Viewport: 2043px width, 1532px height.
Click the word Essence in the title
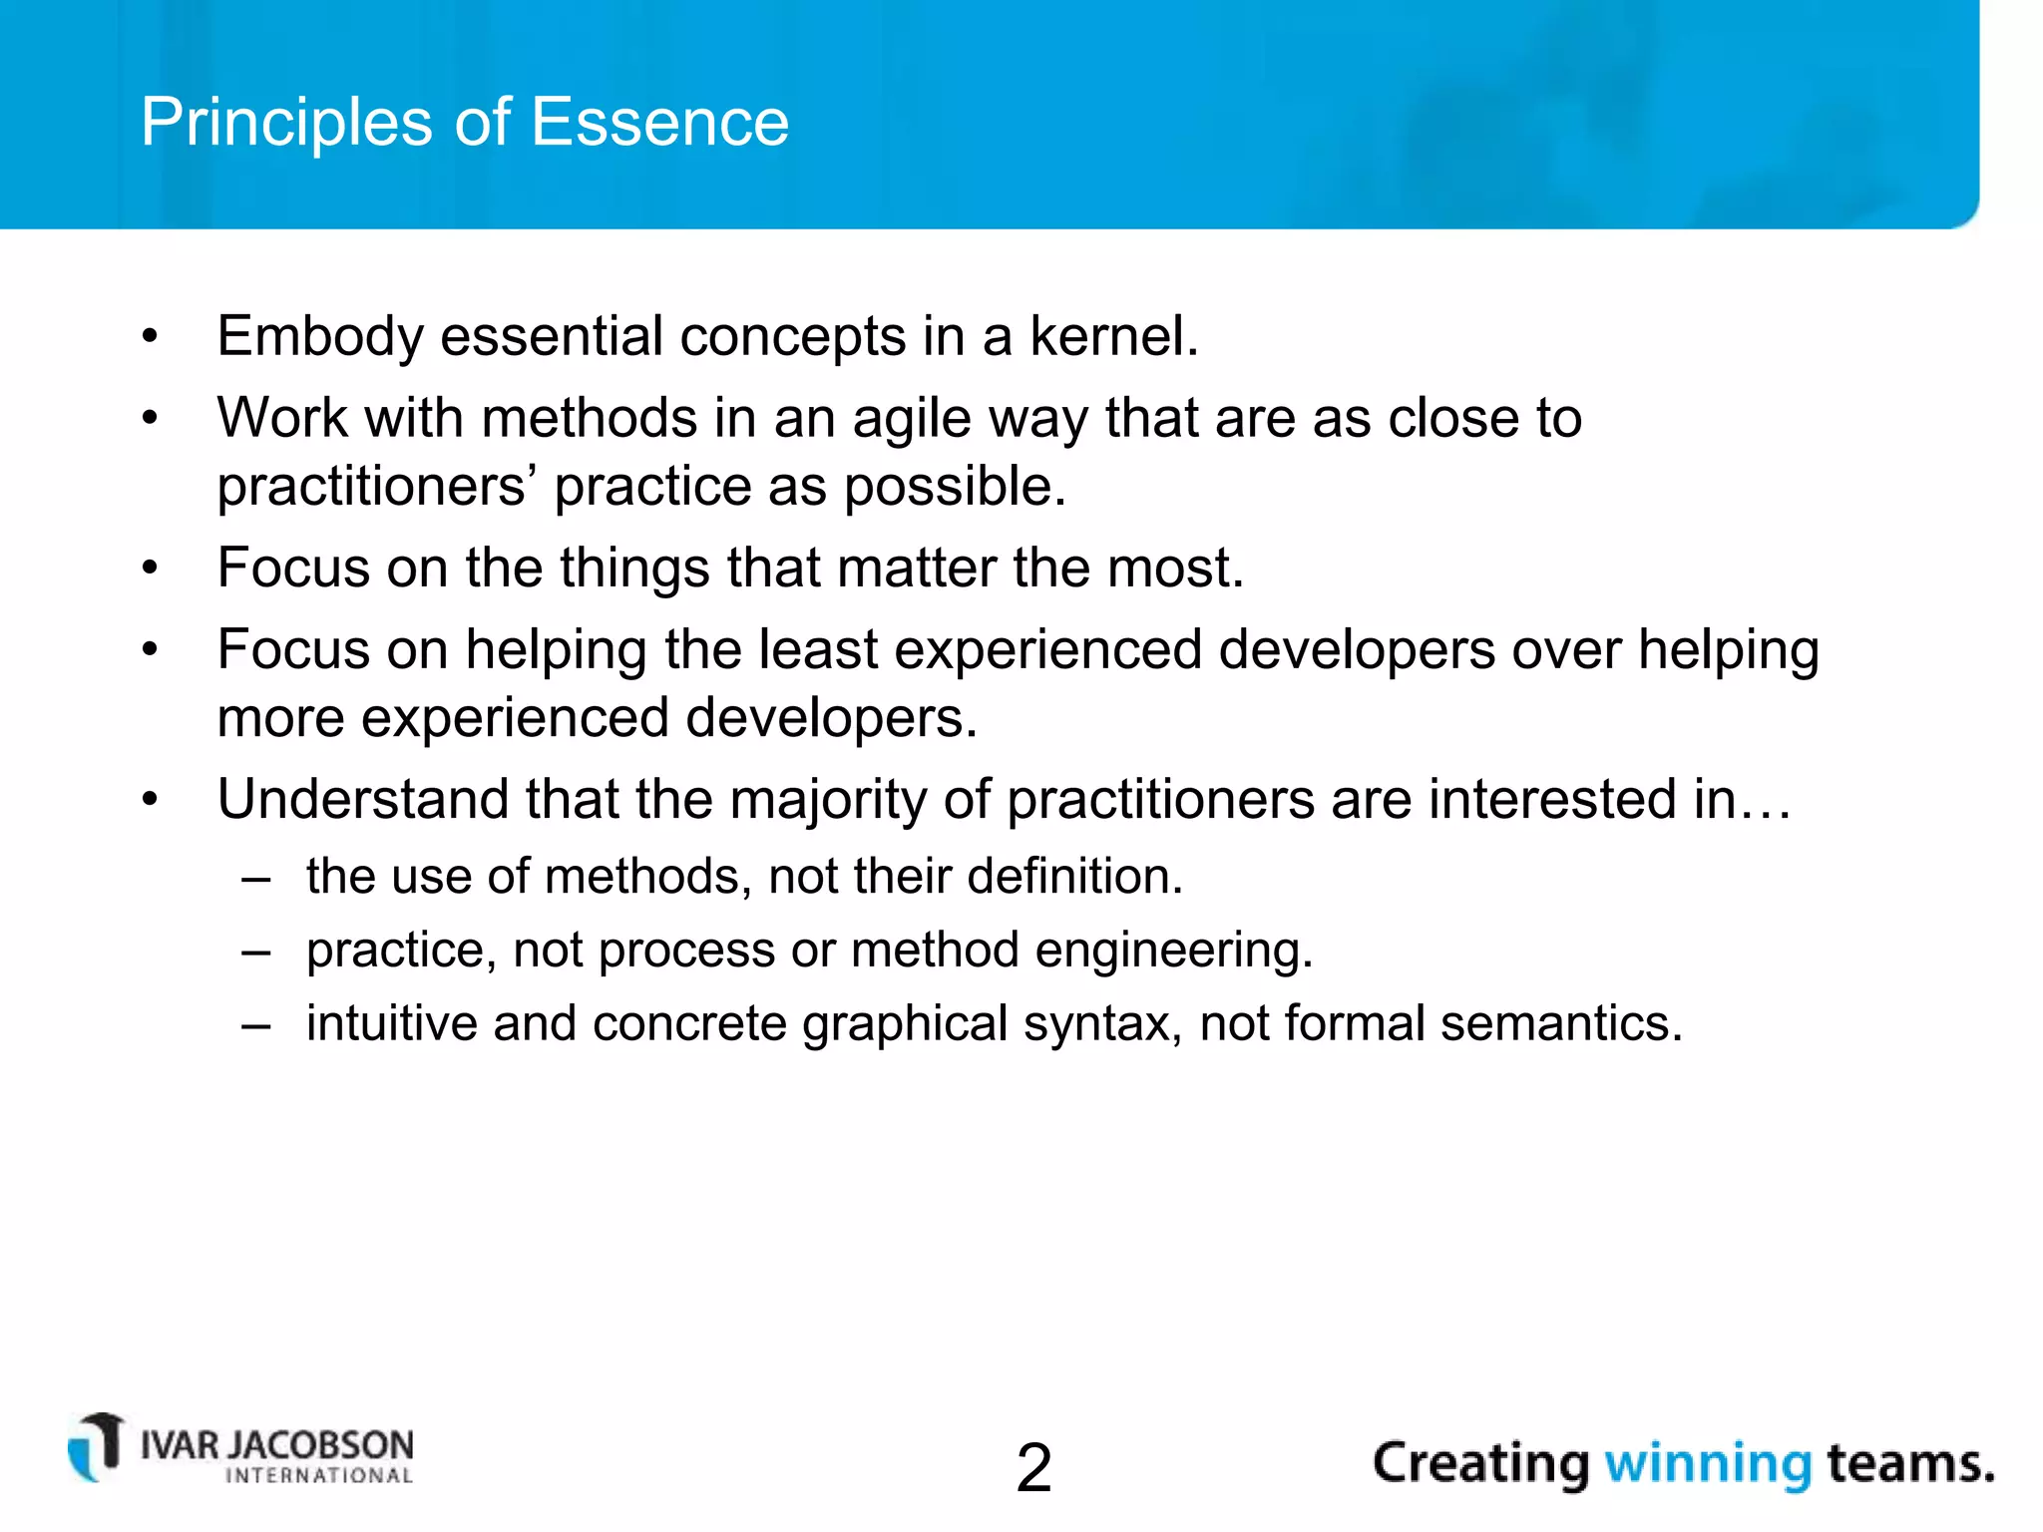659,123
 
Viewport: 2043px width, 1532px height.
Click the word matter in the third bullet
917,569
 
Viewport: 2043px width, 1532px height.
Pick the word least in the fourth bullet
818,650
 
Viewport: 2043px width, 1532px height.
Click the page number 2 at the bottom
1033,1468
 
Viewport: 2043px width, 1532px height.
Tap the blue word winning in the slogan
1707,1464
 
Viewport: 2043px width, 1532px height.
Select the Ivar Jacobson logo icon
96,1447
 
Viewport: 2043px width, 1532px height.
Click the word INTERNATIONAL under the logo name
319,1476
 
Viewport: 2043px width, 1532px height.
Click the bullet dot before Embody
150,336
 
